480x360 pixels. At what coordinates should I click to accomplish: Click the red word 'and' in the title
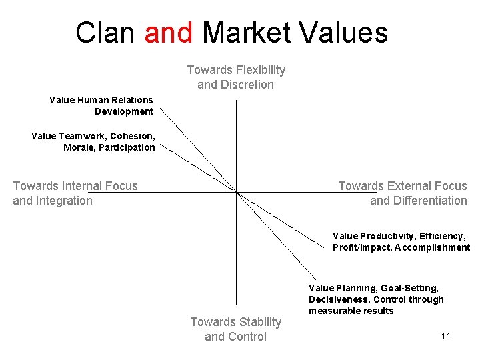[169, 33]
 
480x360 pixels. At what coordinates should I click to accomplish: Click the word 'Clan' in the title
[105, 33]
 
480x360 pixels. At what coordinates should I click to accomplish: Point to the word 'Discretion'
[248, 85]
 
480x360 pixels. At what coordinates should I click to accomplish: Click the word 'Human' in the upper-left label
[93, 100]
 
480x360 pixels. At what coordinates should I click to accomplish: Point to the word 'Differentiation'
[431, 201]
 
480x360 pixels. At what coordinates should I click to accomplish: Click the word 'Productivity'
[386, 236]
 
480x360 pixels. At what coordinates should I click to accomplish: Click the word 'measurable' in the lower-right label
[332, 311]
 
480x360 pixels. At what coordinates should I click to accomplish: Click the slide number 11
[446, 336]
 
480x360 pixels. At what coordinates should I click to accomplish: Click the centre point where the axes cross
[236, 193]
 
